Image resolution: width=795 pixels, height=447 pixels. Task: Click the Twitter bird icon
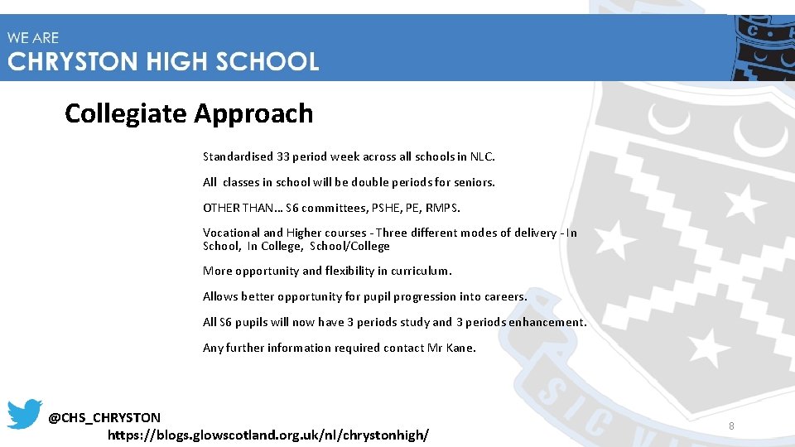pos(25,414)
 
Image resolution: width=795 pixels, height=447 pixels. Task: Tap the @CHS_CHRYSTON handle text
pos(104,417)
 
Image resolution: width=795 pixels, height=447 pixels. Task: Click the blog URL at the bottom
pos(268,434)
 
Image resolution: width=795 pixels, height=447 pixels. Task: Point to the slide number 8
pos(731,426)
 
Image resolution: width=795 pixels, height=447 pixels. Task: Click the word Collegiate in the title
pos(126,113)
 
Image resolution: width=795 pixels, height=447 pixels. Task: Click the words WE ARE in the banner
pos(34,38)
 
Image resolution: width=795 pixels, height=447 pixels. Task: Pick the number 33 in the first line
pos(283,156)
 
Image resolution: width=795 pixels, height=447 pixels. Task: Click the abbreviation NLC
pos(481,156)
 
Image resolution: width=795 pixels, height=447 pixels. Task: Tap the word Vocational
pos(231,233)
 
